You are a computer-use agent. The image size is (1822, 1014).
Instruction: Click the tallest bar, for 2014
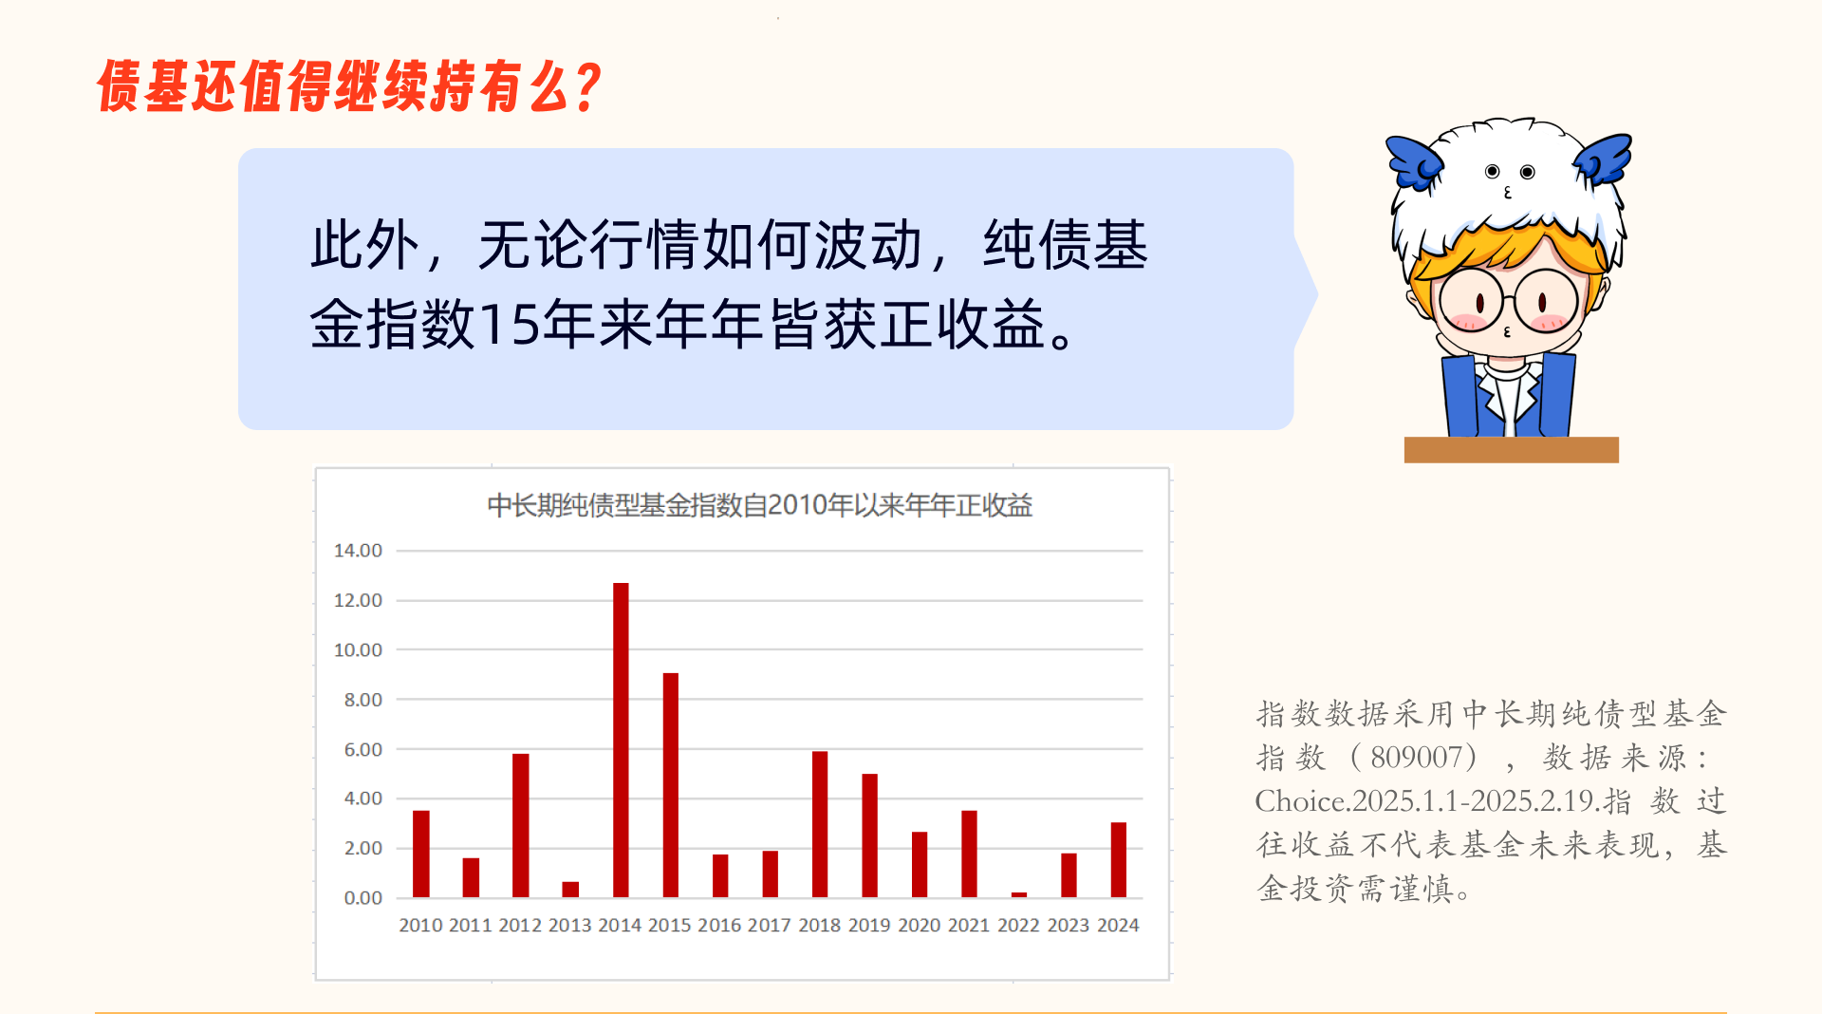click(x=621, y=740)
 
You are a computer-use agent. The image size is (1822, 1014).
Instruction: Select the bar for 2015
click(x=671, y=785)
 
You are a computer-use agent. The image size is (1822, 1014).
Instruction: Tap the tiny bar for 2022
click(x=1019, y=894)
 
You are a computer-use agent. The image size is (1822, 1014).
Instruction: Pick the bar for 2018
click(x=820, y=824)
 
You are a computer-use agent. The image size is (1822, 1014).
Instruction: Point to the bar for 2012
click(x=521, y=825)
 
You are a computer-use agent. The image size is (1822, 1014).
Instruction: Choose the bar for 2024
click(x=1119, y=859)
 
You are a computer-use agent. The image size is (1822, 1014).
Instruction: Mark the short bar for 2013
click(x=570, y=890)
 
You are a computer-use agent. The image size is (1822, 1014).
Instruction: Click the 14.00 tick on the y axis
click(x=358, y=551)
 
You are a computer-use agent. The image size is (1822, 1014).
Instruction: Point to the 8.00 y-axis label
click(x=363, y=700)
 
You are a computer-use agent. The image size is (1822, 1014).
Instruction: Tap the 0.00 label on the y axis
click(x=363, y=898)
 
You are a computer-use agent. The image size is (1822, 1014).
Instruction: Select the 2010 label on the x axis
click(x=420, y=925)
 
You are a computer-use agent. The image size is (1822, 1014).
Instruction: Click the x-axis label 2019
click(x=869, y=925)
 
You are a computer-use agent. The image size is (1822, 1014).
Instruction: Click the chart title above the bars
click(x=759, y=505)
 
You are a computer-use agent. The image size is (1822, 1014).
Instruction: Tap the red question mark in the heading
click(x=588, y=87)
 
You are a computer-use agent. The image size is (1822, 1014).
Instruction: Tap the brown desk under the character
click(x=1512, y=450)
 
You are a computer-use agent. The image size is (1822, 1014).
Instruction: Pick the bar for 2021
click(x=969, y=854)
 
